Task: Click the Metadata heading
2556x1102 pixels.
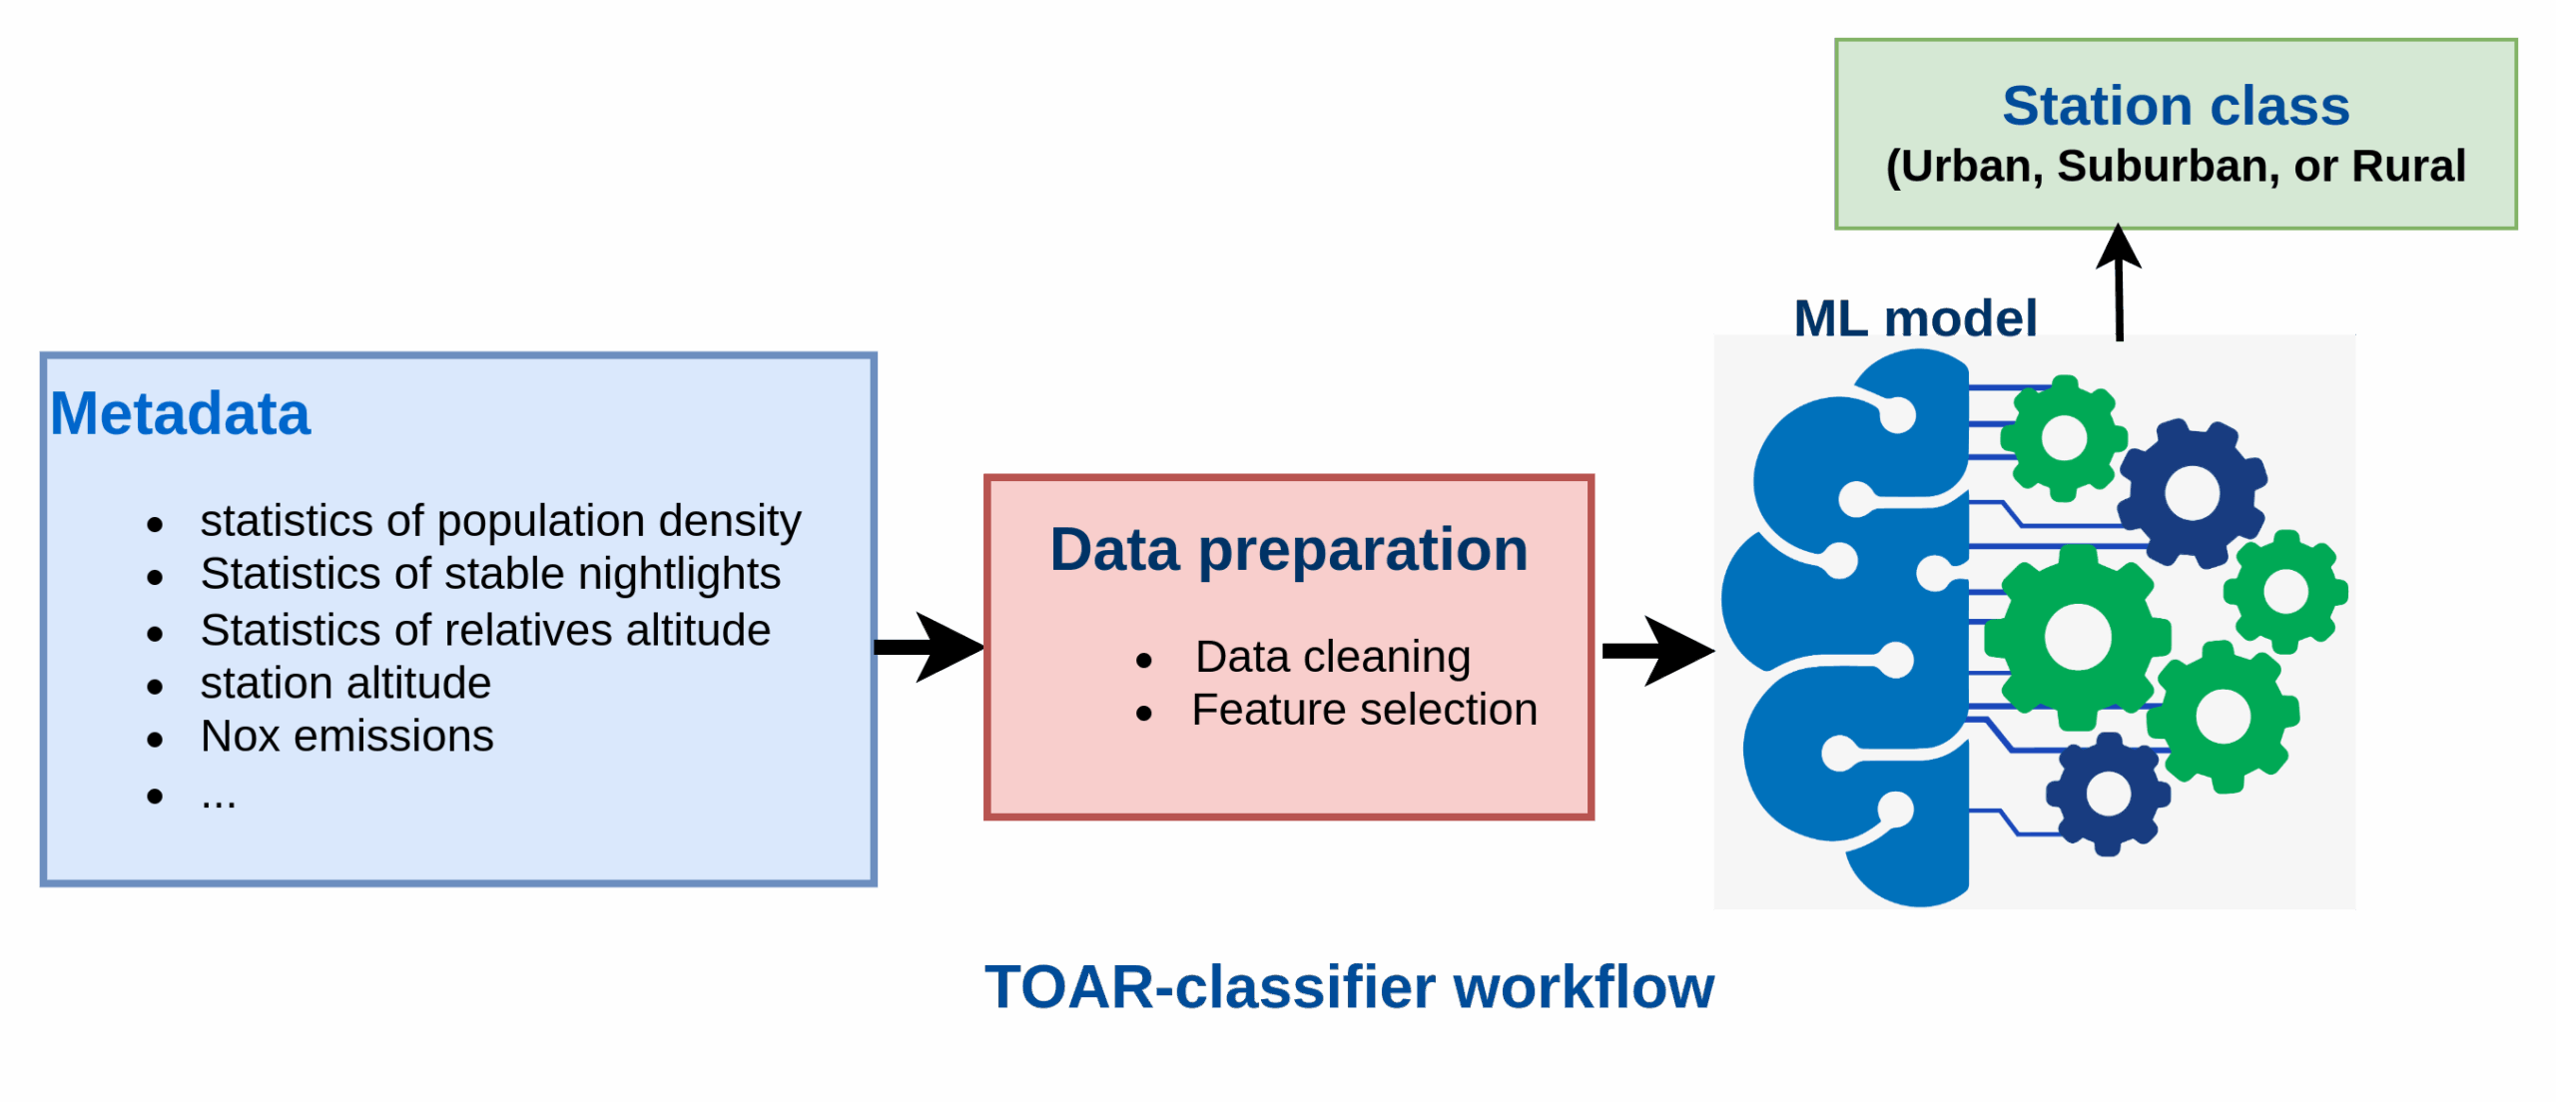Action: [x=181, y=414]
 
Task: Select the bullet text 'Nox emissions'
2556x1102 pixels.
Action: [x=346, y=737]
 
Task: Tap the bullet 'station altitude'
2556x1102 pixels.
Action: [x=345, y=684]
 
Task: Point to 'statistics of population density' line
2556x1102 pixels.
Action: [x=500, y=521]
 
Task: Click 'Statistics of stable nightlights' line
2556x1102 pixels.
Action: [x=490, y=574]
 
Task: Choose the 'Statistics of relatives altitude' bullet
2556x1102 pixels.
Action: [x=485, y=631]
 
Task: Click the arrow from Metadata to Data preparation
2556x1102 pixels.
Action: [x=929, y=647]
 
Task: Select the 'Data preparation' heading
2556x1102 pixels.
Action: [x=1288, y=550]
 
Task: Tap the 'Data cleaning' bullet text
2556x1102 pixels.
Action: [x=1333, y=657]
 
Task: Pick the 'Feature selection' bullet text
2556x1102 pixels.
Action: [x=1364, y=710]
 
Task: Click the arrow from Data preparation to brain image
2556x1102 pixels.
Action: [x=1657, y=651]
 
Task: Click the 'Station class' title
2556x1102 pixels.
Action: [x=2176, y=106]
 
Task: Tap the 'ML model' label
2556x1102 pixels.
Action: [x=1915, y=318]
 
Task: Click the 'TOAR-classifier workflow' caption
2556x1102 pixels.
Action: [x=1349, y=987]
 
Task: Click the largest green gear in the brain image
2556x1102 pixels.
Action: [x=2078, y=637]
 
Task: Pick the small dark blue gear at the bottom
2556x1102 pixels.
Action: [x=2108, y=794]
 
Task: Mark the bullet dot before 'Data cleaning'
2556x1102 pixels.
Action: [x=1144, y=660]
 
